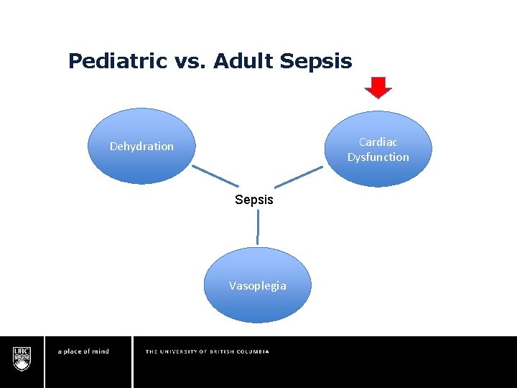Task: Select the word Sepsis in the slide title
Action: (x=316, y=62)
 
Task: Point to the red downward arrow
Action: (x=378, y=87)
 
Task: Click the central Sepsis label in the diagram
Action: (x=254, y=200)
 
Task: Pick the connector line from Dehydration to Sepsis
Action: (x=215, y=177)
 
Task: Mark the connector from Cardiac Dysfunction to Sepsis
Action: (x=298, y=177)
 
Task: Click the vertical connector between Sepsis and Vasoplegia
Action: (x=257, y=228)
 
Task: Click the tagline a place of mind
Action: (x=83, y=351)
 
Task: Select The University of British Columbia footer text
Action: (x=207, y=351)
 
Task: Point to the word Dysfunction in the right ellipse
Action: (x=378, y=157)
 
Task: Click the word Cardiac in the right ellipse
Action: (x=378, y=142)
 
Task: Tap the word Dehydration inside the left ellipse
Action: (x=141, y=147)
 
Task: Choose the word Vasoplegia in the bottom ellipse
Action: (x=257, y=286)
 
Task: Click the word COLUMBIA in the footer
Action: (x=255, y=351)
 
